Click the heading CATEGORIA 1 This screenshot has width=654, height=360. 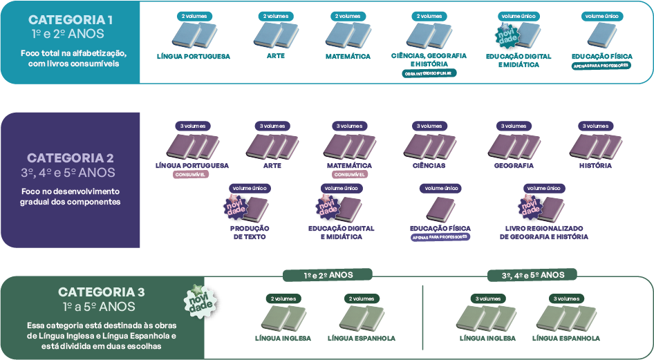pyautogui.click(x=71, y=20)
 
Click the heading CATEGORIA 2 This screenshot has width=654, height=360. pyautogui.click(x=71, y=158)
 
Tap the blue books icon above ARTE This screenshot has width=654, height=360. pyautogui.click(x=274, y=35)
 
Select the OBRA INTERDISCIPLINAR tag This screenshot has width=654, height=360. pyautogui.click(x=429, y=73)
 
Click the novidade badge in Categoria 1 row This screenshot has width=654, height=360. pyautogui.click(x=508, y=34)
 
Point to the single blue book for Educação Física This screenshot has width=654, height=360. pyautogui.click(x=601, y=35)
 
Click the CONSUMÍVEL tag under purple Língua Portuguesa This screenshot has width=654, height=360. pyautogui.click(x=191, y=176)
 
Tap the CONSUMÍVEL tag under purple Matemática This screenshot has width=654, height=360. pyautogui.click(x=349, y=176)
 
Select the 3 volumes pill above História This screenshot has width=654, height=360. pyautogui.click(x=595, y=126)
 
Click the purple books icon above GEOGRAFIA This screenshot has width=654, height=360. pyautogui.click(x=514, y=147)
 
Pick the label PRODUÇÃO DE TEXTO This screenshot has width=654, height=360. pyautogui.click(x=250, y=232)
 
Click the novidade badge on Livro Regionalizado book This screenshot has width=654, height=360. pyautogui.click(x=530, y=206)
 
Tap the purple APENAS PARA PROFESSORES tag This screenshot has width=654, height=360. pyautogui.click(x=440, y=237)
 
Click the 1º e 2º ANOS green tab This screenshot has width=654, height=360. pyautogui.click(x=328, y=275)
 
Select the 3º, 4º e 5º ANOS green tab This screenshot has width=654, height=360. pyautogui.click(x=532, y=275)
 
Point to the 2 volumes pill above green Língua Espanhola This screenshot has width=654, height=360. pyautogui.click(x=362, y=299)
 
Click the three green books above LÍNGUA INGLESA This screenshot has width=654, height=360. pyautogui.click(x=487, y=318)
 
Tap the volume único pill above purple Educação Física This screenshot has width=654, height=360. pyautogui.click(x=441, y=188)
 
